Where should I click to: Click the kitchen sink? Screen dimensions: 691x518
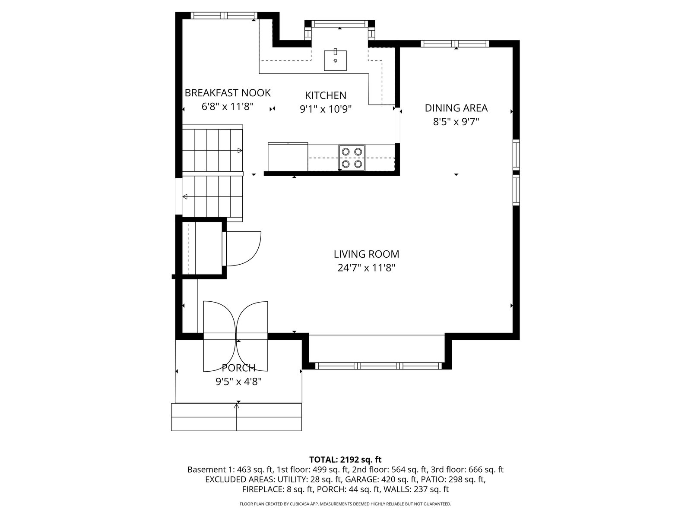(x=335, y=60)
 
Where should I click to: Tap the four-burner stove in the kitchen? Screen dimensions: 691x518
(x=352, y=158)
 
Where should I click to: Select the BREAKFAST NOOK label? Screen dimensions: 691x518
(x=227, y=93)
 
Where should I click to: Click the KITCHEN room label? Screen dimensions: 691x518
(x=326, y=95)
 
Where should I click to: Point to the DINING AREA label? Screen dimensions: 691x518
(x=456, y=108)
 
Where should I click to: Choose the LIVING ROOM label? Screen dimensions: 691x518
(x=366, y=254)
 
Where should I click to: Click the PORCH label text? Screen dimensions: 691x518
(x=238, y=367)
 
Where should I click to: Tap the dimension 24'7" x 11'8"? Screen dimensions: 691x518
(x=366, y=268)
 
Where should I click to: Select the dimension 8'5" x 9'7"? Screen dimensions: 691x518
(x=456, y=122)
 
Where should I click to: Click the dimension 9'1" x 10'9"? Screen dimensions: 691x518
(x=326, y=109)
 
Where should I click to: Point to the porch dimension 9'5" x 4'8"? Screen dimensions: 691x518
(x=238, y=382)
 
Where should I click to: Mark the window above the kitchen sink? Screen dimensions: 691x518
(x=340, y=24)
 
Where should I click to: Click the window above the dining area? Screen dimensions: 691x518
(x=455, y=44)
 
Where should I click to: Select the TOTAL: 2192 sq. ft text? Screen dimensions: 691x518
(x=345, y=460)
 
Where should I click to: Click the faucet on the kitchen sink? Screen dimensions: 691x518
(x=336, y=51)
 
